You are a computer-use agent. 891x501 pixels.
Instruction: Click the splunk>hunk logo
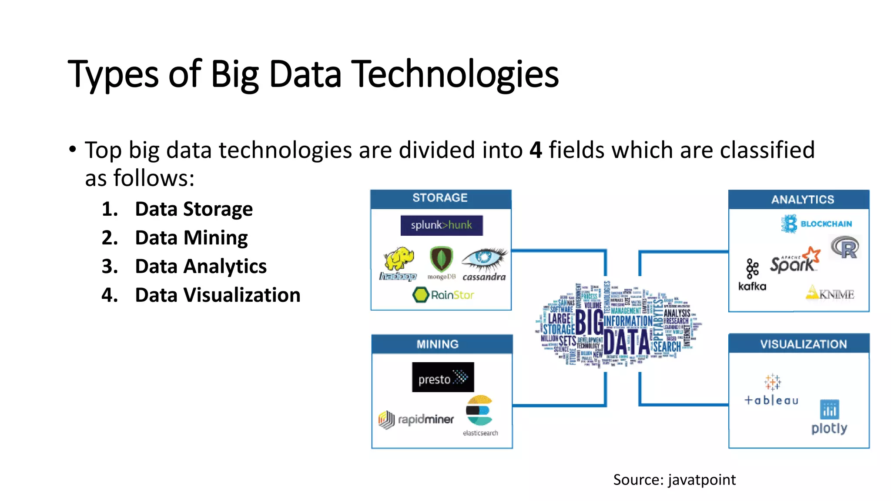[x=441, y=225]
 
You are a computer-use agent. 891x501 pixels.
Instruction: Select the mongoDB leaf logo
[x=441, y=260]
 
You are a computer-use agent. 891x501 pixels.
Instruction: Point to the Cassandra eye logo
[x=484, y=259]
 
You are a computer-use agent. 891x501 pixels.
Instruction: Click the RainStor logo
[x=443, y=295]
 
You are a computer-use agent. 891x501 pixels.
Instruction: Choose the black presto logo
[x=442, y=377]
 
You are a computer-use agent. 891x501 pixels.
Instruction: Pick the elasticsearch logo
[x=479, y=411]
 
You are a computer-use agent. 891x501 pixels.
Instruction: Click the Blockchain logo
[x=816, y=224]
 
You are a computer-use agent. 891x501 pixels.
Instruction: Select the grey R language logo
[x=845, y=247]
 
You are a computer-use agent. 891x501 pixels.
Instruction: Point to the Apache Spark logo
[x=794, y=261]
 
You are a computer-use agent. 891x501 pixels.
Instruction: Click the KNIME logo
[x=830, y=293]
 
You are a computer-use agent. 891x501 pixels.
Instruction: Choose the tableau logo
[x=771, y=390]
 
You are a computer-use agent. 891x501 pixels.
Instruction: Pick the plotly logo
[x=829, y=417]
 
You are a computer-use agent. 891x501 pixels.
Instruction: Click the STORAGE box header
[x=440, y=198]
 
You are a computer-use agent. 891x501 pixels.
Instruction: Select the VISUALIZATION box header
[x=803, y=344]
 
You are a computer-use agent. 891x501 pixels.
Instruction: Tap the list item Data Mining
[x=191, y=238]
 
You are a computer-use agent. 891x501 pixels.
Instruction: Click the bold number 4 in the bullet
[x=536, y=150]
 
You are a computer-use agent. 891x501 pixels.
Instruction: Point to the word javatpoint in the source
[x=702, y=480]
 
